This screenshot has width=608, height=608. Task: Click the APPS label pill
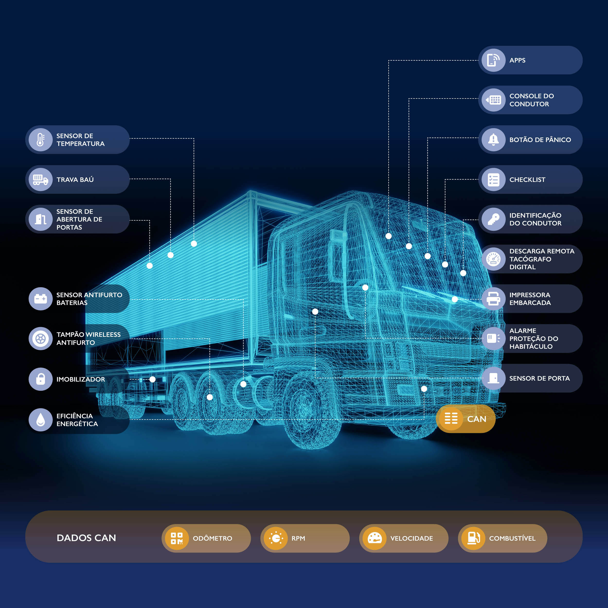[530, 60]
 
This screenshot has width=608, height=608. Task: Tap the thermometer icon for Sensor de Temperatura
[41, 140]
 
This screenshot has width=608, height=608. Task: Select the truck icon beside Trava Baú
[41, 179]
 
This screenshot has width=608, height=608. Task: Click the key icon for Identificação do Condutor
[493, 219]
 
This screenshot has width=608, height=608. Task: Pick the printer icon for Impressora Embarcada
[493, 299]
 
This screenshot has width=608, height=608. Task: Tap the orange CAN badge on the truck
[466, 419]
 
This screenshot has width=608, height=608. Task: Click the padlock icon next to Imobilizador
[41, 379]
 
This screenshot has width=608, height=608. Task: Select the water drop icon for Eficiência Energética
[41, 420]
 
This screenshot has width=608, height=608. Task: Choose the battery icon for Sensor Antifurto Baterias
[41, 299]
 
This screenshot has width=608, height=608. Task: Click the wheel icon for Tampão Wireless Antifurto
[41, 339]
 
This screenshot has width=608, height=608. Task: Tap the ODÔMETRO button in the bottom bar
[206, 538]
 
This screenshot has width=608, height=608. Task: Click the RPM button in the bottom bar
[305, 538]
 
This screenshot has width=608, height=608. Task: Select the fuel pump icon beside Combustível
[473, 538]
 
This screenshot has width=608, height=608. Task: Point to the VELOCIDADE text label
[412, 538]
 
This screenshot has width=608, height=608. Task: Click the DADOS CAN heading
[86, 538]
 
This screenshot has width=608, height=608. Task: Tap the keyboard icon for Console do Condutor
[493, 100]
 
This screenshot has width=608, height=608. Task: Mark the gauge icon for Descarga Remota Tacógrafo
[493, 259]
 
